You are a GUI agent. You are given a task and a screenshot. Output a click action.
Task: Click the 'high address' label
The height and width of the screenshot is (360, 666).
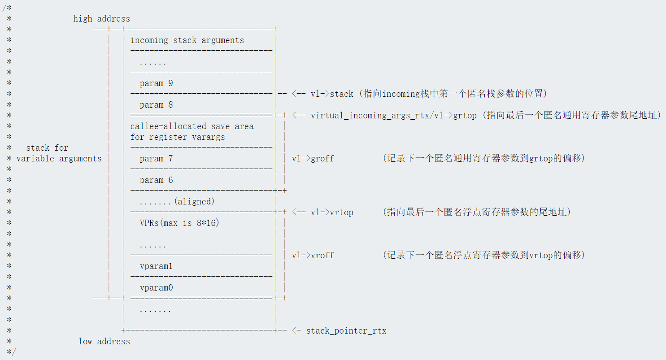pos(101,19)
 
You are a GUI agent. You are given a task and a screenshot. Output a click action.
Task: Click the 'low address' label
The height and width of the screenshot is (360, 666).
pos(104,342)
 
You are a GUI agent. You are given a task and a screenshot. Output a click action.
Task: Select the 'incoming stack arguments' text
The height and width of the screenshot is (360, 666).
pos(187,40)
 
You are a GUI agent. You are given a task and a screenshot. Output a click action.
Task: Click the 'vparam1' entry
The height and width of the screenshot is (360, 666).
pos(156,266)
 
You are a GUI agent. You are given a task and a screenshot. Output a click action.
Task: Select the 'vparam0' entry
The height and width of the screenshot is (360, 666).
pos(156,288)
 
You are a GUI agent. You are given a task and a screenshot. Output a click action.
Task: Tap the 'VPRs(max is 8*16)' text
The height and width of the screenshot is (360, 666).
pos(179,223)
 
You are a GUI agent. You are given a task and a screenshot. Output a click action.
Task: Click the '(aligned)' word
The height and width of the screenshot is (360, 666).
pos(194,202)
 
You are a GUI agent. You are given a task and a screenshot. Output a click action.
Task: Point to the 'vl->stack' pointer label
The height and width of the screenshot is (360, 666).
pos(332,94)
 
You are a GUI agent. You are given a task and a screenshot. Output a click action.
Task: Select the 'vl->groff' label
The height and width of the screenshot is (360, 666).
pos(313,159)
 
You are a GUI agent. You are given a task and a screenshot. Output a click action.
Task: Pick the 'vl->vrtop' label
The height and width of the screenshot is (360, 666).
pos(332,213)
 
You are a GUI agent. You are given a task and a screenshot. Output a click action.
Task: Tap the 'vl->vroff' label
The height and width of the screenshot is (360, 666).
pos(313,256)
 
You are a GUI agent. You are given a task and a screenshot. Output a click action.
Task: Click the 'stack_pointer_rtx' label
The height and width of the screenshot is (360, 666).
pos(346,331)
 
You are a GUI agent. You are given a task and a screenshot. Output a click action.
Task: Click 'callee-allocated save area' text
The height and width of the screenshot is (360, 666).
pos(192,126)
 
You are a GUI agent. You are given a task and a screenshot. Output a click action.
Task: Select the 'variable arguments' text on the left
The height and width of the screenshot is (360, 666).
pos(59,159)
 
